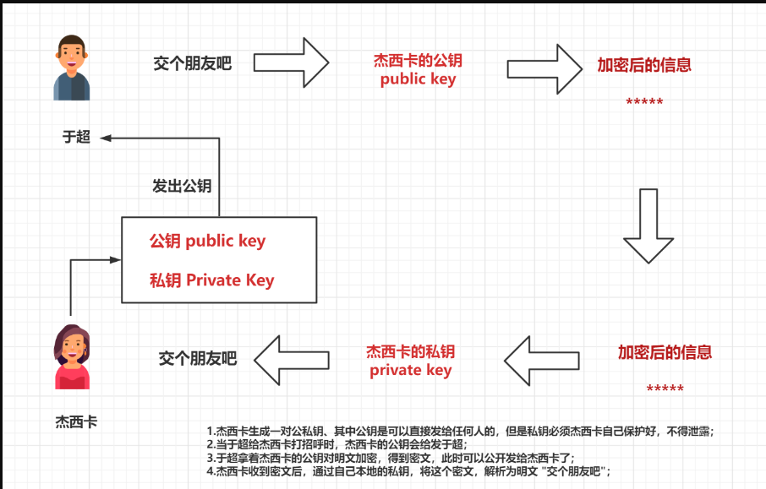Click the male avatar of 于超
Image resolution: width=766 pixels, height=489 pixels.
click(x=72, y=68)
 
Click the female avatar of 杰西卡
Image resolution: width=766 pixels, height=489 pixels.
click(x=72, y=357)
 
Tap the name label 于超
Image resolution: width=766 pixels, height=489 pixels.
click(x=76, y=137)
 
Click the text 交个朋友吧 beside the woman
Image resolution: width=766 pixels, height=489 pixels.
click(x=198, y=358)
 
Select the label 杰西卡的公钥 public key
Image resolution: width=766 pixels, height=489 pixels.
click(x=418, y=70)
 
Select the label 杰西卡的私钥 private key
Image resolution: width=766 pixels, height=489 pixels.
click(x=410, y=361)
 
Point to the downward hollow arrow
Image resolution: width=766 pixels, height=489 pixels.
click(x=648, y=226)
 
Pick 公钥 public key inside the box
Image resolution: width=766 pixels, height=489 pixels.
click(x=207, y=241)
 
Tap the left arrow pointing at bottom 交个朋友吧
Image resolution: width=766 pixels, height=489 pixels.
click(x=293, y=358)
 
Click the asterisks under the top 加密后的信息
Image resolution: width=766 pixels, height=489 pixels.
click(x=644, y=103)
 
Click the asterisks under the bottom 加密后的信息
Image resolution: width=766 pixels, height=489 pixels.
click(x=665, y=389)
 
